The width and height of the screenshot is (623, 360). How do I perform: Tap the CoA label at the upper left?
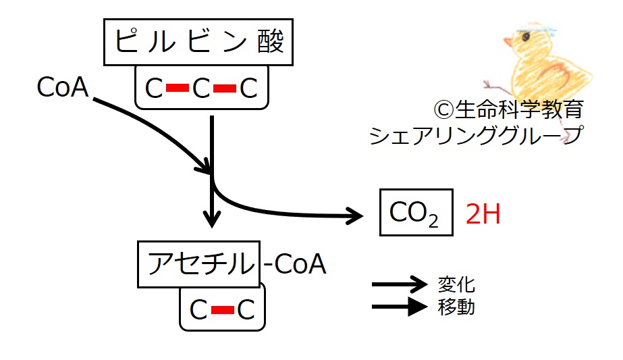tap(63, 87)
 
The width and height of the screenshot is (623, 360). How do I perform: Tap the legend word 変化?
tap(457, 284)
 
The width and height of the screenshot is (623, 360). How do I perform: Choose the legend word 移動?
tap(457, 308)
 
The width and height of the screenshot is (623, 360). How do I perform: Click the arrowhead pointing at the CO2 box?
tap(355, 215)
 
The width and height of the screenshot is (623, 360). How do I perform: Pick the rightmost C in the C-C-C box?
tap(248, 88)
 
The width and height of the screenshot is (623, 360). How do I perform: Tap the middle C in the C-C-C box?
tap(201, 88)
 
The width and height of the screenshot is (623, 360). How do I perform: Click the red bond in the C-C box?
tap(222, 310)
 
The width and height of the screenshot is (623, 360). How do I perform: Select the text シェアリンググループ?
tap(475, 135)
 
